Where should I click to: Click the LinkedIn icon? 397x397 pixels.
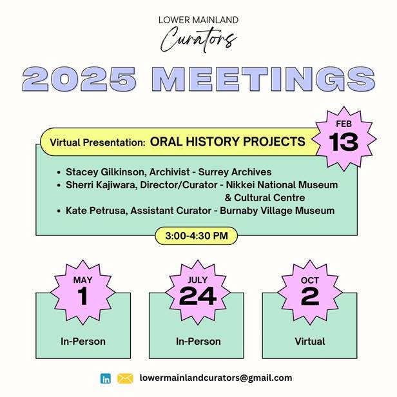pyautogui.click(x=105, y=378)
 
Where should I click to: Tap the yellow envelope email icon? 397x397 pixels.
pyautogui.click(x=125, y=378)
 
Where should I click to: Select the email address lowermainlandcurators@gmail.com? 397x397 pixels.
pyautogui.click(x=216, y=378)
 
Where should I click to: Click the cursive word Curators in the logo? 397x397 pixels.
pyautogui.click(x=198, y=39)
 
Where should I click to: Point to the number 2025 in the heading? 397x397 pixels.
pyautogui.click(x=79, y=79)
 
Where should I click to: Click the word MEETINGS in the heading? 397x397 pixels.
pyautogui.click(x=264, y=79)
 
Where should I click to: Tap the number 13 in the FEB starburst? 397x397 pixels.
pyautogui.click(x=344, y=142)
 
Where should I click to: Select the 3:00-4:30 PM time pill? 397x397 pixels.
pyautogui.click(x=196, y=236)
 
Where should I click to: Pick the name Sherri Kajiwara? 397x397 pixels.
pyautogui.click(x=101, y=185)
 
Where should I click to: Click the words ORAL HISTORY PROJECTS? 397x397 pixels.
pyautogui.click(x=228, y=142)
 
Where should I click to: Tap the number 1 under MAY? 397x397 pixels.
pyautogui.click(x=82, y=296)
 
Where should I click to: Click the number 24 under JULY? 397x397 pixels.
pyautogui.click(x=197, y=296)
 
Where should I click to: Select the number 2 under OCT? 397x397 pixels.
pyautogui.click(x=310, y=296)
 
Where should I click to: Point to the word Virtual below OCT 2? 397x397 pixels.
pyautogui.click(x=310, y=342)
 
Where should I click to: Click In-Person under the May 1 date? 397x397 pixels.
pyautogui.click(x=83, y=342)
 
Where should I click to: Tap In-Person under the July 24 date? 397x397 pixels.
pyautogui.click(x=198, y=342)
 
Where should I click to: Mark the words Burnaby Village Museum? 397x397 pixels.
pyautogui.click(x=277, y=211)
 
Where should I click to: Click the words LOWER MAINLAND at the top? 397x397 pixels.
pyautogui.click(x=198, y=20)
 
